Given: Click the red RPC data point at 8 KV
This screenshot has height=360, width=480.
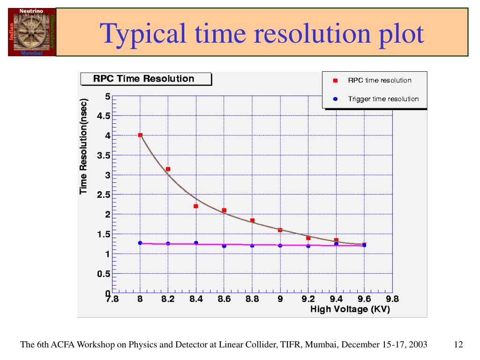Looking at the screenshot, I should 140,135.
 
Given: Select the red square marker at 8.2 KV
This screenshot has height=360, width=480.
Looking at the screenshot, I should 168,169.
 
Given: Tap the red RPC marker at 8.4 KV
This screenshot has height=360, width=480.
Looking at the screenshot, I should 196,206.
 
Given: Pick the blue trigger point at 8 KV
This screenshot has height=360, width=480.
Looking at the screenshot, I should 140,243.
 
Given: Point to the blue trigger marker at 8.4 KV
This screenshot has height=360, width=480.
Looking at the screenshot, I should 196,243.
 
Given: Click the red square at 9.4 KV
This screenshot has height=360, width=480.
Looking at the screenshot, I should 336,240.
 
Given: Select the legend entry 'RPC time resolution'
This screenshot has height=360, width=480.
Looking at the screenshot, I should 379,80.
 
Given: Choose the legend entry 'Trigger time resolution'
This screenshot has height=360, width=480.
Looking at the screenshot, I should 383,99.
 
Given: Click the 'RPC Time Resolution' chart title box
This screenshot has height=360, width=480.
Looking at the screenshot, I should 146,79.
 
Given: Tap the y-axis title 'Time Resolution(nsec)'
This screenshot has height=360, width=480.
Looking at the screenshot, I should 84,146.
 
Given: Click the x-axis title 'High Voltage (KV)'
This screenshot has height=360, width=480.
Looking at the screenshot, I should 350,309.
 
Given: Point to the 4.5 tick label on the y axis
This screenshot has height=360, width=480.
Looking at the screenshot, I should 104,116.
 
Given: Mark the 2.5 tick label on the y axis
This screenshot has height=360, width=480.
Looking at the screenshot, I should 104,195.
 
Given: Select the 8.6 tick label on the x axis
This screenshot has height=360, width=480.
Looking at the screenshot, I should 224,300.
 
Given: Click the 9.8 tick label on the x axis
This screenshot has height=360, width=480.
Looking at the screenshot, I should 392,300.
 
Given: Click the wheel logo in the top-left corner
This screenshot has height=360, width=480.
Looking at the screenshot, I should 32,32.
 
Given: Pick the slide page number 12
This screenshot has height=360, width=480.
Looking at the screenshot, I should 458,345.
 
